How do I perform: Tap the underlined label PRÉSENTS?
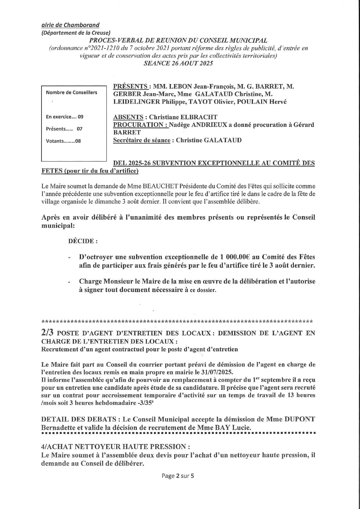tap(130, 86)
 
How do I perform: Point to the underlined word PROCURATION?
tap(138, 125)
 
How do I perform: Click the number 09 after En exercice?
tap(80, 117)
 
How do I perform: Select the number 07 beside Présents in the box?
tap(79, 129)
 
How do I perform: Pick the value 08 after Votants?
tap(78, 141)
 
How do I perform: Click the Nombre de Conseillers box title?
tap(72, 93)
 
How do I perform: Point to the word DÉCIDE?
tap(82, 241)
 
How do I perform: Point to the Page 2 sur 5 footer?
tap(178, 476)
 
